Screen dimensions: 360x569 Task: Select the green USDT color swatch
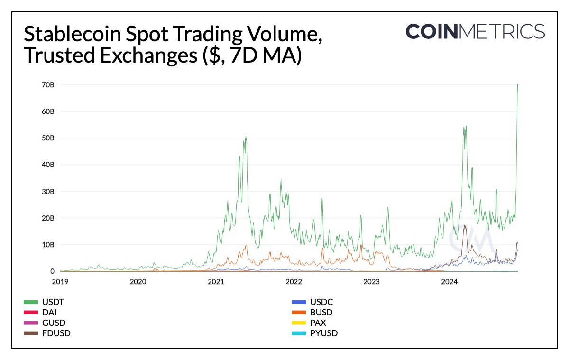(x=31, y=302)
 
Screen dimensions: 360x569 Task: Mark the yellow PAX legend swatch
(x=298, y=323)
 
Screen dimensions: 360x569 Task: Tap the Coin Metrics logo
(x=475, y=32)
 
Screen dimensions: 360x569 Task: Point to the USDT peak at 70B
(x=517, y=85)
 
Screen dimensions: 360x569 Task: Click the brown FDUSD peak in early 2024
(x=464, y=226)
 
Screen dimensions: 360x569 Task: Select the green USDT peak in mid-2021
(x=246, y=137)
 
